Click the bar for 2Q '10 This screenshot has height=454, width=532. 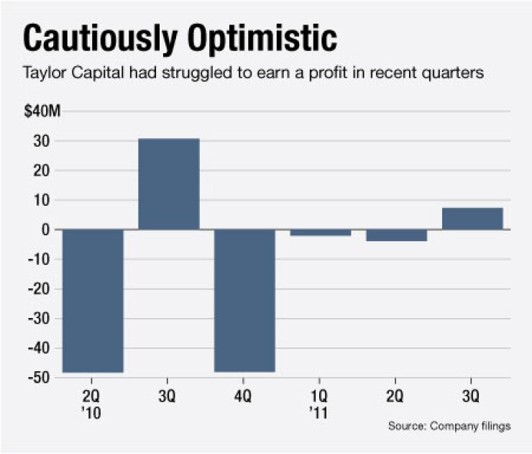(93, 301)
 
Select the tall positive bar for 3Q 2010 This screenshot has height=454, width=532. (168, 183)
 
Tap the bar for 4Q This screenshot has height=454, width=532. (244, 301)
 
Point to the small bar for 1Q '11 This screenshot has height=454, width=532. (320, 232)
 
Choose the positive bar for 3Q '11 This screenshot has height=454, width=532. (472, 219)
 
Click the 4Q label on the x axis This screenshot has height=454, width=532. (244, 394)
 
